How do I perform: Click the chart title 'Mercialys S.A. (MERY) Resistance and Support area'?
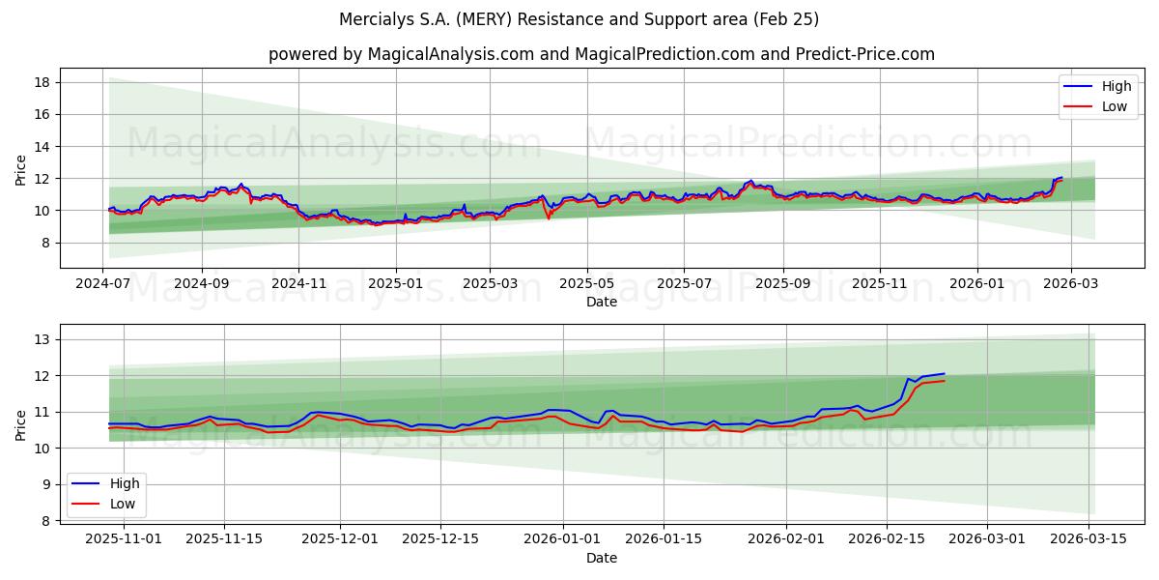point(579,19)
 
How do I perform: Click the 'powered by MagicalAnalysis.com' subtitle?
point(601,54)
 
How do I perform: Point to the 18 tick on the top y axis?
point(42,82)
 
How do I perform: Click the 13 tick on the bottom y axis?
point(42,339)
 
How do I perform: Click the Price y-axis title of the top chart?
point(21,170)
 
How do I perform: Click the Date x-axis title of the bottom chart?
point(601,558)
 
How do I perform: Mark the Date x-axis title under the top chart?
point(601,303)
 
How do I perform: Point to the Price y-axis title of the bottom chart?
point(21,424)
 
